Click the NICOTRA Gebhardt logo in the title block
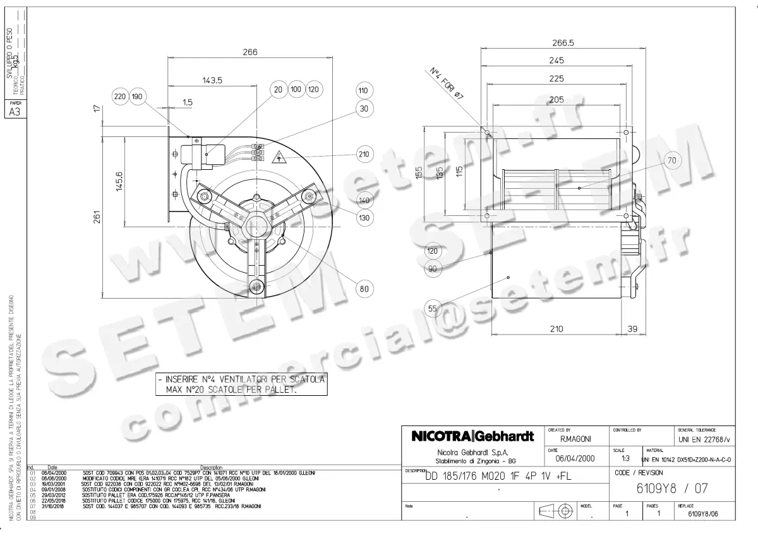473,436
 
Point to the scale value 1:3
625,459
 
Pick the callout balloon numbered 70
671,160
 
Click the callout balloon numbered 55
432,309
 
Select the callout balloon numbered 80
363,290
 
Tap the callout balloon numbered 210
363,154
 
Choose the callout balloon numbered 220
120,97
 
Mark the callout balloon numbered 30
363,109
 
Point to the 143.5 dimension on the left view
213,80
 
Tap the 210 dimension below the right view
556,329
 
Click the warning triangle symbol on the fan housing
277,158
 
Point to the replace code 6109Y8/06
702,514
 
